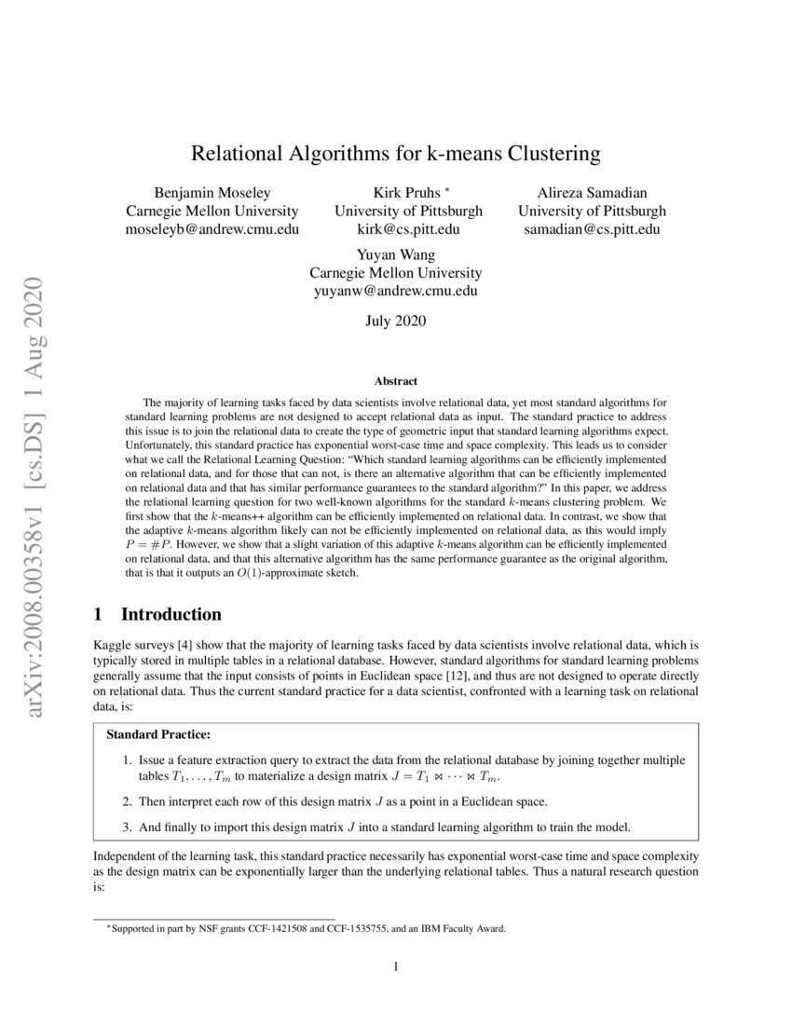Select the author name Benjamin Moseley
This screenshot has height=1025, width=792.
pos(212,193)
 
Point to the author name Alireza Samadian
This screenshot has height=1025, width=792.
pos(592,193)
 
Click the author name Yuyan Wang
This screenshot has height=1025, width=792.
pos(395,254)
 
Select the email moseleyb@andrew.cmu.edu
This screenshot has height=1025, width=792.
pos(212,229)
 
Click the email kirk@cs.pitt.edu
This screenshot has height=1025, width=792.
pos(395,229)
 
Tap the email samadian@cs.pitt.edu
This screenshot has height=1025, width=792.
pos(592,229)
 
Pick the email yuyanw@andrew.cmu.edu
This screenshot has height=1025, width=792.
pos(395,291)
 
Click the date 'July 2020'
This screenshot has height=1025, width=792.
pos(395,321)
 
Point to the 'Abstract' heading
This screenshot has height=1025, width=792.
pos(395,381)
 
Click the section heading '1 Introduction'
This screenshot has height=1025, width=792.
pos(158,614)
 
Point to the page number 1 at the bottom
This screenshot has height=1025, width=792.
pos(396,966)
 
